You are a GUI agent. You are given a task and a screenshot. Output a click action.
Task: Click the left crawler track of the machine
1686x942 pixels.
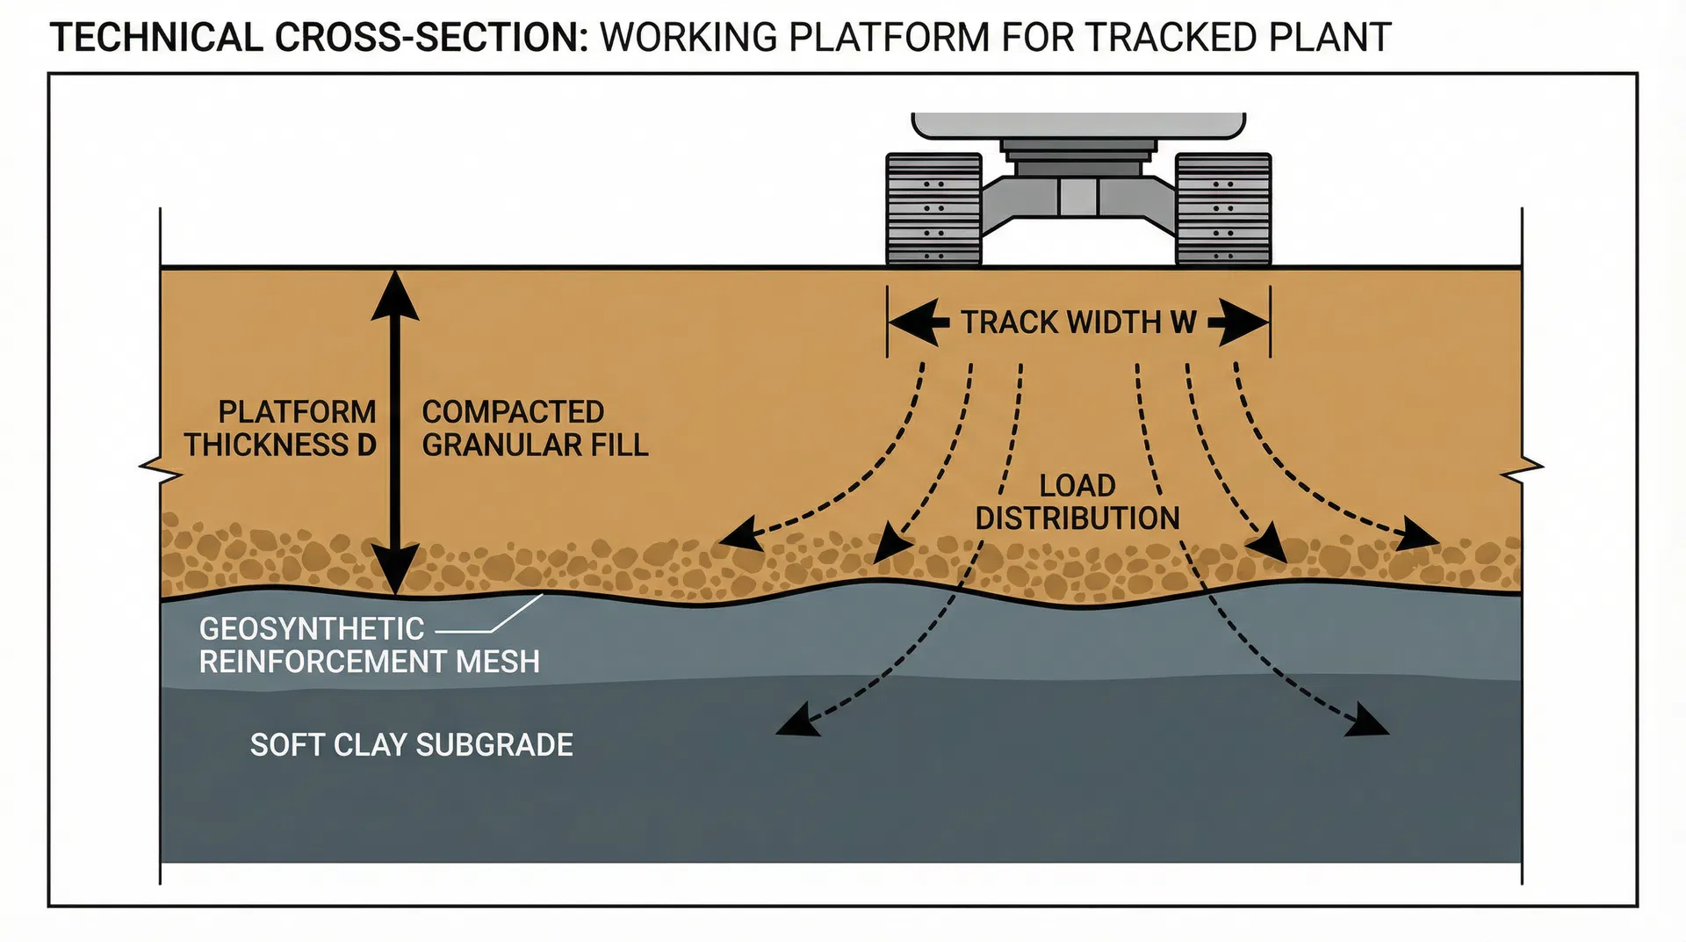pos(933,209)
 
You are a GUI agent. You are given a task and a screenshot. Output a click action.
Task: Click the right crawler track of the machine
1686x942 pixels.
pos(1223,209)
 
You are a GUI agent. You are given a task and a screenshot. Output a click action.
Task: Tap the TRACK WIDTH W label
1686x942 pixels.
pos(1078,322)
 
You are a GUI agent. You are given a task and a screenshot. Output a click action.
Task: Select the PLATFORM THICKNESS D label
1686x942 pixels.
pos(281,429)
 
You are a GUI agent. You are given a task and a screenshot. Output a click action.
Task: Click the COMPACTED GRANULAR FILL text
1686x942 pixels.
pos(535,429)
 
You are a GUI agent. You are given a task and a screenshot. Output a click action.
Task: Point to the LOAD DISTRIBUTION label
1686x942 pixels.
pos(1077,502)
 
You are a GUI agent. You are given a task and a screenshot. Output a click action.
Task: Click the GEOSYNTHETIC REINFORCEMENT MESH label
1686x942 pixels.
pos(369,645)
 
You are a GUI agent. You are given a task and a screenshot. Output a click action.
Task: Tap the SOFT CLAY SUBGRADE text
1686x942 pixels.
pos(411,745)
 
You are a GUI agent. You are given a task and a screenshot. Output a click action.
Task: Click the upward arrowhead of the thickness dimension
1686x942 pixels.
pos(395,294)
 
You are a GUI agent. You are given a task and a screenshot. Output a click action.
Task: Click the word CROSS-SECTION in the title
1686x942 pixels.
pos(430,38)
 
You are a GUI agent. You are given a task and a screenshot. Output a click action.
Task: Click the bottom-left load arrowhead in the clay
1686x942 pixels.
pos(796,721)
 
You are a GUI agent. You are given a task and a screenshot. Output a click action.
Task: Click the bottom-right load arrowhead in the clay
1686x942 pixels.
pos(1367,721)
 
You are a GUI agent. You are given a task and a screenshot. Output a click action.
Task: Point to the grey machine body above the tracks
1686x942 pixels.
pos(1078,126)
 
